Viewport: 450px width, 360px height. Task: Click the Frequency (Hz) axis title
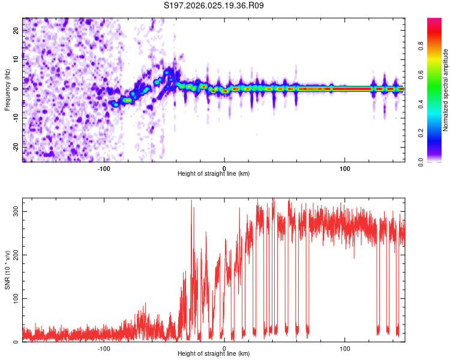(x=7, y=90)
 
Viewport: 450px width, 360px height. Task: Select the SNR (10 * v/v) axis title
(x=7, y=270)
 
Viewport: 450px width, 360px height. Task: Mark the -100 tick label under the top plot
(x=104, y=168)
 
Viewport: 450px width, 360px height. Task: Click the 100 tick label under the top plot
(x=345, y=168)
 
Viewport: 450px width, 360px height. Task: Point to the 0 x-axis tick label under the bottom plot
(x=224, y=348)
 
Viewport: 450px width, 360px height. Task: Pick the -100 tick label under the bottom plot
(x=104, y=348)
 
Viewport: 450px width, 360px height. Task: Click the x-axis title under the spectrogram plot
(x=214, y=174)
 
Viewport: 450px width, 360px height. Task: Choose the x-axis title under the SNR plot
(x=214, y=354)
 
